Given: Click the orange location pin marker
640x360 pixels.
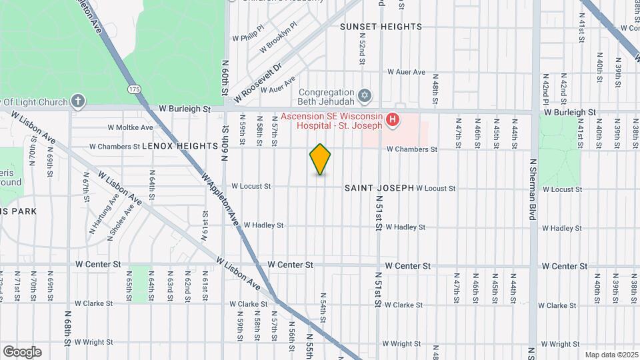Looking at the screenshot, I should tap(320, 159).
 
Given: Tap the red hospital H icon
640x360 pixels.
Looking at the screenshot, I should tap(393, 120).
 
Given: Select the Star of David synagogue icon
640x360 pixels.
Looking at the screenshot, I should tap(364, 96).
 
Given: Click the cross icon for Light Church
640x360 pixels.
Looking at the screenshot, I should tap(78, 101).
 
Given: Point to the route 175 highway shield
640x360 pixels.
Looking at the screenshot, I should tap(135, 89).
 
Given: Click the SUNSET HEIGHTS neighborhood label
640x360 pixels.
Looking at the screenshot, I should tap(381, 27).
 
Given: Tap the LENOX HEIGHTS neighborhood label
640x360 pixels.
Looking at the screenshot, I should tap(180, 145).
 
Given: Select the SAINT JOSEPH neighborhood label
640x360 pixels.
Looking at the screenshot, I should tap(379, 189).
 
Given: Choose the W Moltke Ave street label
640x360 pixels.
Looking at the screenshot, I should tap(131, 127).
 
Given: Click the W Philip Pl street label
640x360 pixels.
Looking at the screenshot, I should tap(248, 39).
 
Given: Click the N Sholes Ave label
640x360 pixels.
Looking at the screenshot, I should tap(121, 219).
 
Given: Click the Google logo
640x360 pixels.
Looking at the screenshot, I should tap(22, 351).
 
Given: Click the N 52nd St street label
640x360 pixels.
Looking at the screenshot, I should tap(361, 51).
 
